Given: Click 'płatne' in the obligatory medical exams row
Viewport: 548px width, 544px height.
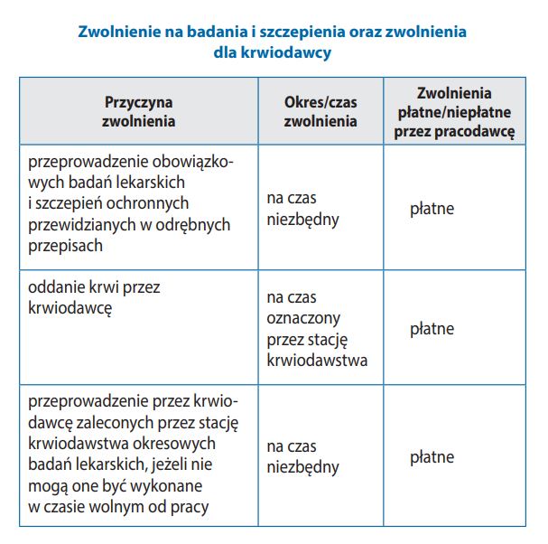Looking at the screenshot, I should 432,210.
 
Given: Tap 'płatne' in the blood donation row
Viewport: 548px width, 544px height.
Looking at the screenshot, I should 432,329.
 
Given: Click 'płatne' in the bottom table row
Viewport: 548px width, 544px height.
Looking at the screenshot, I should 432,457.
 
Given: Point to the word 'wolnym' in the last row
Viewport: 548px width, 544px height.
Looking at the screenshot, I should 122,506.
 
